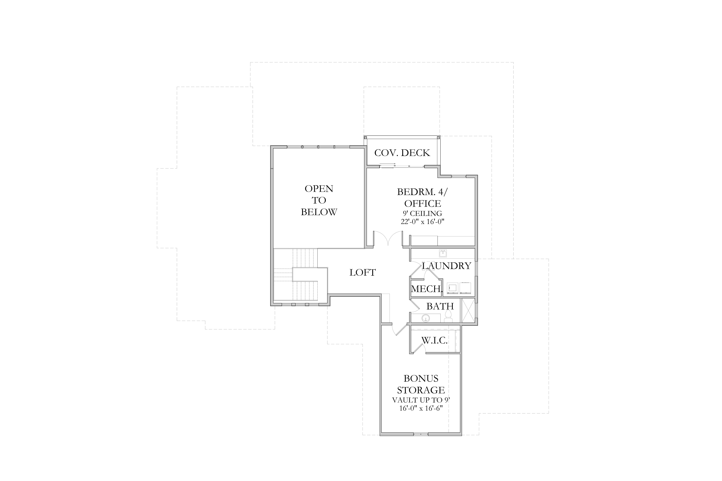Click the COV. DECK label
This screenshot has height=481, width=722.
(402, 153)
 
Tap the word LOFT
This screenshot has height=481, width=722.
(363, 272)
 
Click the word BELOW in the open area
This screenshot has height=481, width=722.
(319, 212)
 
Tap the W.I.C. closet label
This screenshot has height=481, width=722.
(434, 340)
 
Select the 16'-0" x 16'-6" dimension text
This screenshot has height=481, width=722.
(421, 408)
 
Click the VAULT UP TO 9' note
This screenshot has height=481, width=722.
(421, 400)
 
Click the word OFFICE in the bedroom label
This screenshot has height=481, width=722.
(423, 203)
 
